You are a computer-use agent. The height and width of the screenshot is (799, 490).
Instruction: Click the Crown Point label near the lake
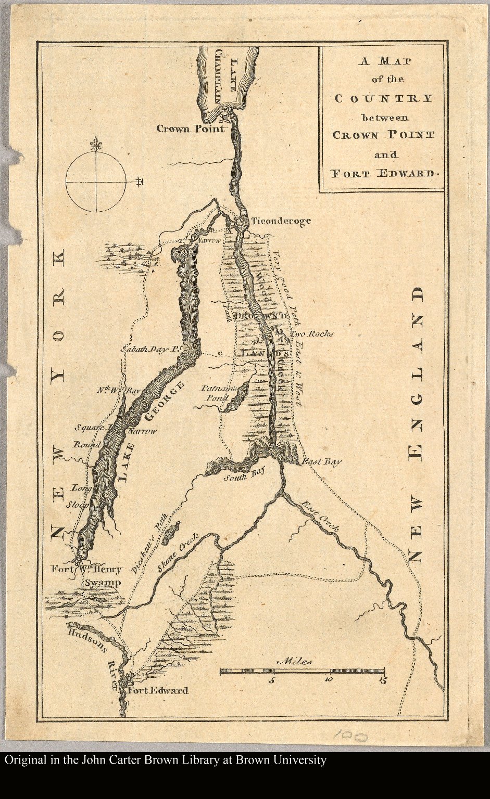[191, 128]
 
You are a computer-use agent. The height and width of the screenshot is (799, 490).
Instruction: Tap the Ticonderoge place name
[281, 221]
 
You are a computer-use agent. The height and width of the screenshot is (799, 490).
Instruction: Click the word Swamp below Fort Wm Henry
[103, 583]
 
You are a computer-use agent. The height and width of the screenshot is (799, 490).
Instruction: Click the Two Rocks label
[312, 333]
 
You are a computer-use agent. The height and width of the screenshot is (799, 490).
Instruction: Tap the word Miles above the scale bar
[295, 662]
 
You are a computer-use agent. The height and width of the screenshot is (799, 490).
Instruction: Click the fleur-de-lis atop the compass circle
[95, 144]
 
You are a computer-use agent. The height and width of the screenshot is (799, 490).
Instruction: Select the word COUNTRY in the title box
[383, 98]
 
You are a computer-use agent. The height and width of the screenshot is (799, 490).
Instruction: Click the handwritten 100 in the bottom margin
[350, 736]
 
